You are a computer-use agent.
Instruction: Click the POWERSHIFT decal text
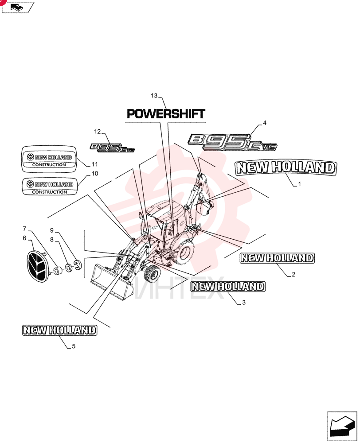pos(166,114)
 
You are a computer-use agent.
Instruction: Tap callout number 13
pos(154,96)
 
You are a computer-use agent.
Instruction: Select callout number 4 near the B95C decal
pos(264,123)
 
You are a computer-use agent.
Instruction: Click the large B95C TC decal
pos(232,142)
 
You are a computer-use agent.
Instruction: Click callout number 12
pos(97,132)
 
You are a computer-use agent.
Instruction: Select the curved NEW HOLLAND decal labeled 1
pos(286,168)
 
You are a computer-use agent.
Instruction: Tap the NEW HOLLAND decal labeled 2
pos(277,258)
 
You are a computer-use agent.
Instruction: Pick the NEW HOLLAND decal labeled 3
pos(227,287)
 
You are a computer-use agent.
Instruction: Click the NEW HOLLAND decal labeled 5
pos(59,330)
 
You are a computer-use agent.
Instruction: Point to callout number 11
pos(95,164)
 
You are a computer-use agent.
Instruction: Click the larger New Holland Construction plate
pos(49,159)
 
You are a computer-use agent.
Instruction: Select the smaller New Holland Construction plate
pos(50,187)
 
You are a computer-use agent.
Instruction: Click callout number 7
pos(24,229)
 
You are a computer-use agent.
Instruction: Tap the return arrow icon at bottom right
pos(342,427)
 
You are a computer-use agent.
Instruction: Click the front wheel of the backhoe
pos(152,274)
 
